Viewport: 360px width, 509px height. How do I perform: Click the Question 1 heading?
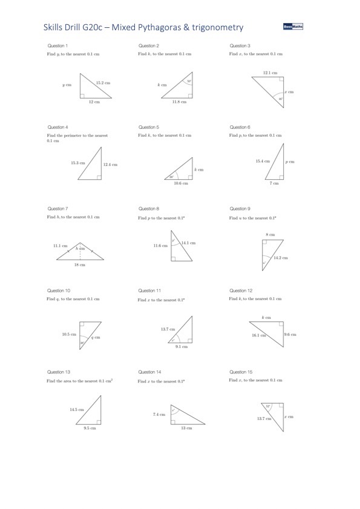57,46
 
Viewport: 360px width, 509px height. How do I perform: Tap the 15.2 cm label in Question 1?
103,82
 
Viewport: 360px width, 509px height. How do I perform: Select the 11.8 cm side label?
179,102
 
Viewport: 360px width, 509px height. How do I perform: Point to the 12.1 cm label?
270,73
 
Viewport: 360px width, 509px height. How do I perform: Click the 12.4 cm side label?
110,165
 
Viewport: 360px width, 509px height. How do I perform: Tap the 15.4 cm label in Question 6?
263,161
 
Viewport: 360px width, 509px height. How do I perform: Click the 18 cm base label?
79,264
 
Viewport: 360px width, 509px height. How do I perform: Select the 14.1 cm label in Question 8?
188,243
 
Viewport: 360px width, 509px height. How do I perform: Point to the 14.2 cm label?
280,258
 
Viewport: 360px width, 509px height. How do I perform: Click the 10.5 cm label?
69,334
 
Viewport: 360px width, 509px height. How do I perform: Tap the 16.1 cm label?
259,335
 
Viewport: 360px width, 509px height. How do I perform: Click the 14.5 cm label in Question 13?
76,410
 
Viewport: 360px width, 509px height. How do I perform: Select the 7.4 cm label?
159,415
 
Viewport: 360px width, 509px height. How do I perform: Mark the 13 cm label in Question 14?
186,428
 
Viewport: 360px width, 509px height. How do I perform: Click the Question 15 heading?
240,372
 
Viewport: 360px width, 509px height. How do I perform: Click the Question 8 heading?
149,209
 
